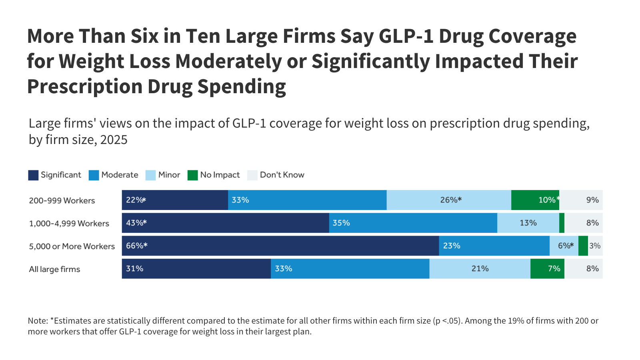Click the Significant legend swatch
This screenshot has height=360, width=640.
click(x=33, y=175)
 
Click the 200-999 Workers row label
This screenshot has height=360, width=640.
click(x=62, y=201)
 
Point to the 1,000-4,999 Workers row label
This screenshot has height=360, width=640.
click(x=69, y=224)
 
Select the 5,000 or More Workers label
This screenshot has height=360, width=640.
click(x=72, y=246)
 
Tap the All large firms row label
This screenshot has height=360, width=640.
click(x=54, y=269)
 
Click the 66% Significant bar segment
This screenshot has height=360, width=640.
click(x=280, y=246)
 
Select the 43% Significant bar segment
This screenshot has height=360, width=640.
click(x=225, y=223)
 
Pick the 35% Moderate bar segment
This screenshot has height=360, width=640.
click(x=413, y=223)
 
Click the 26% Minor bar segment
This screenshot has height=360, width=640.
click(x=449, y=200)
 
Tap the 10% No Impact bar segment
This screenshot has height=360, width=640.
click(x=535, y=200)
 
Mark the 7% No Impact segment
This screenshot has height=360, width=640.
click(x=547, y=268)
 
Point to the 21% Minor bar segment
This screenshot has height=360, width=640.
click(x=480, y=268)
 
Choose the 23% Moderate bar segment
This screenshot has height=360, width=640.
click(x=494, y=246)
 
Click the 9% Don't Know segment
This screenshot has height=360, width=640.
click(x=581, y=200)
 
